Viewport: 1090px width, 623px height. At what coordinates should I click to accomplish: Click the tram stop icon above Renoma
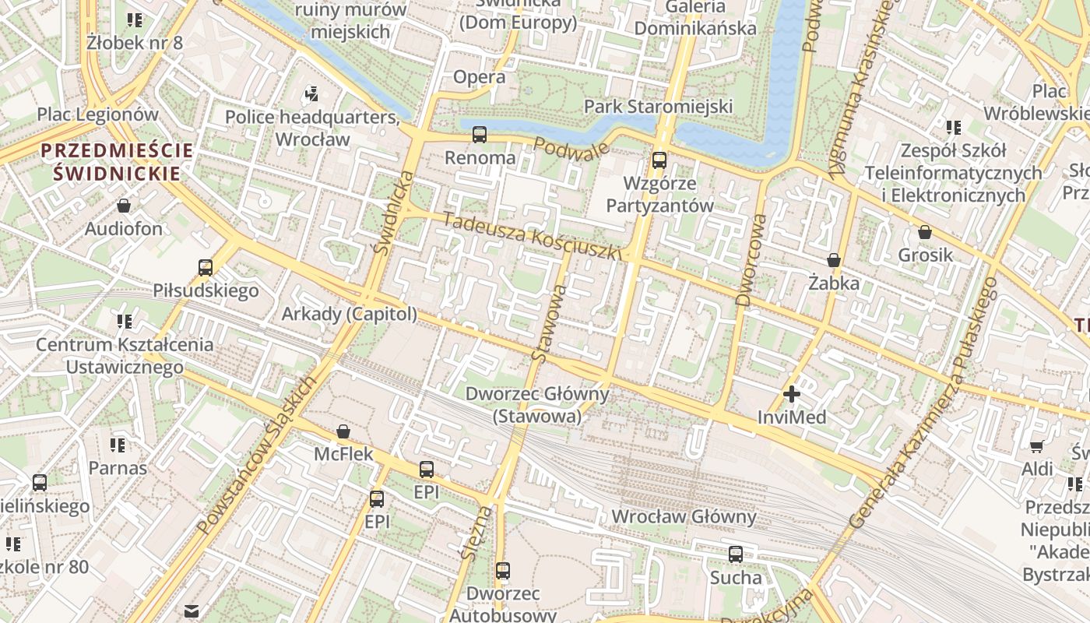[x=480, y=135]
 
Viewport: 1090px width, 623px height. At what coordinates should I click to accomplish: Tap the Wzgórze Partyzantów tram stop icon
[x=659, y=160]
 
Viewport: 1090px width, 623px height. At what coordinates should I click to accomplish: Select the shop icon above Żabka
[x=834, y=260]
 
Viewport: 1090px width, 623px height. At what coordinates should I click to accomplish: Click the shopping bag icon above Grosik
[x=925, y=232]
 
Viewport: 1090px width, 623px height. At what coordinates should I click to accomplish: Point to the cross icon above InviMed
[x=792, y=394]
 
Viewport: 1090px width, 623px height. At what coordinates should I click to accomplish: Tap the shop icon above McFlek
[x=343, y=431]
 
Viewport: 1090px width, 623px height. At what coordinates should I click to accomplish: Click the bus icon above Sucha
[x=736, y=554]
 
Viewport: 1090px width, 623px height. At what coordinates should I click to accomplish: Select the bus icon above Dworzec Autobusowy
[x=503, y=571]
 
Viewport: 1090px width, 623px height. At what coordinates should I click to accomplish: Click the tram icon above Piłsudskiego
[x=206, y=268]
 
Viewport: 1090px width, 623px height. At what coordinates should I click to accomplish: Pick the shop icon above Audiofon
[x=124, y=206]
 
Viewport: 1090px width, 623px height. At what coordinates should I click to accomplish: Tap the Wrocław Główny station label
[x=684, y=516]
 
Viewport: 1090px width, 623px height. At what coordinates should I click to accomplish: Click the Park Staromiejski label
[x=659, y=106]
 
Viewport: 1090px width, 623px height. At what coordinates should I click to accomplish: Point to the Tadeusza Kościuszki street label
[x=533, y=236]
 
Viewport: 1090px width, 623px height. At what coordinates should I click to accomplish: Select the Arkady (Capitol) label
[x=349, y=314]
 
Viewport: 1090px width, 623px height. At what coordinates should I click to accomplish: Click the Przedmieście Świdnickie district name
[x=117, y=162]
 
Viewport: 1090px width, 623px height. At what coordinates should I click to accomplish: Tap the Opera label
[x=480, y=77]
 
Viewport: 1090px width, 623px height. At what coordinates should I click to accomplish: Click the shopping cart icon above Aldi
[x=1037, y=446]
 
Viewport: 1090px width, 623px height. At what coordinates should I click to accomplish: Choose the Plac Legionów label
[x=98, y=114]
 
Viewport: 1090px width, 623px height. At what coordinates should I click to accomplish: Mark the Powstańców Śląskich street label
[x=256, y=456]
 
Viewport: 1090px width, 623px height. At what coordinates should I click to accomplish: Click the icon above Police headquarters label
[x=312, y=94]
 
